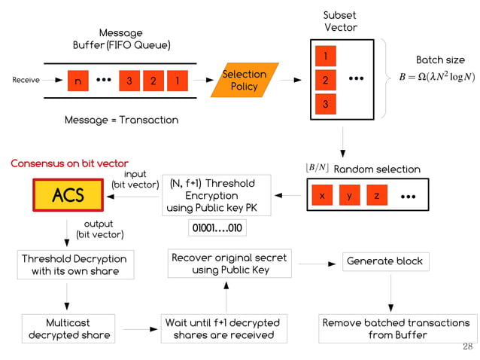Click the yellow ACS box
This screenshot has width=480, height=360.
(x=68, y=196)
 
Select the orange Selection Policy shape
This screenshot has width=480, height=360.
(x=244, y=80)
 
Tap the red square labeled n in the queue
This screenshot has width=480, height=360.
(x=77, y=81)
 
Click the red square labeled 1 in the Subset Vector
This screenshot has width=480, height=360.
(x=325, y=56)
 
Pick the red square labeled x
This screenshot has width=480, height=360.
(x=322, y=196)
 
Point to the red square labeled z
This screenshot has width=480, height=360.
(x=376, y=196)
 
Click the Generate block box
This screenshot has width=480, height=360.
(x=384, y=261)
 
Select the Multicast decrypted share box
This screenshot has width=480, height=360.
(x=68, y=328)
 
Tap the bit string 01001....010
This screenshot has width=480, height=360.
(x=217, y=227)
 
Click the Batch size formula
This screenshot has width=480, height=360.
(x=436, y=78)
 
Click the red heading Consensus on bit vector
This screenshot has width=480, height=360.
(x=69, y=163)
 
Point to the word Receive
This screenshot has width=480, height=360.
(x=26, y=80)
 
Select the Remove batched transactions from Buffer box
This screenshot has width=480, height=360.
(x=396, y=328)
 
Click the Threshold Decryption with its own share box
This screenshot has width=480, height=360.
(x=74, y=264)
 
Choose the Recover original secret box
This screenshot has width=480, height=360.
(x=229, y=264)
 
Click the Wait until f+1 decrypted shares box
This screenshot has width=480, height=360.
(x=222, y=328)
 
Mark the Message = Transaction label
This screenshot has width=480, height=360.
(x=121, y=120)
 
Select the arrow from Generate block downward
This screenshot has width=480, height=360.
(x=390, y=291)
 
